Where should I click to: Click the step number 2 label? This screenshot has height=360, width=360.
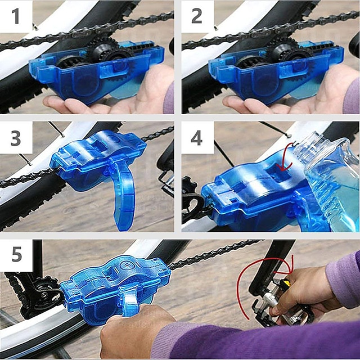[x=197, y=16]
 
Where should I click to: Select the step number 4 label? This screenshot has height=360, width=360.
[x=197, y=138]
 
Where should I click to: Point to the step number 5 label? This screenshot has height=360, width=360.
[x=16, y=255]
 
